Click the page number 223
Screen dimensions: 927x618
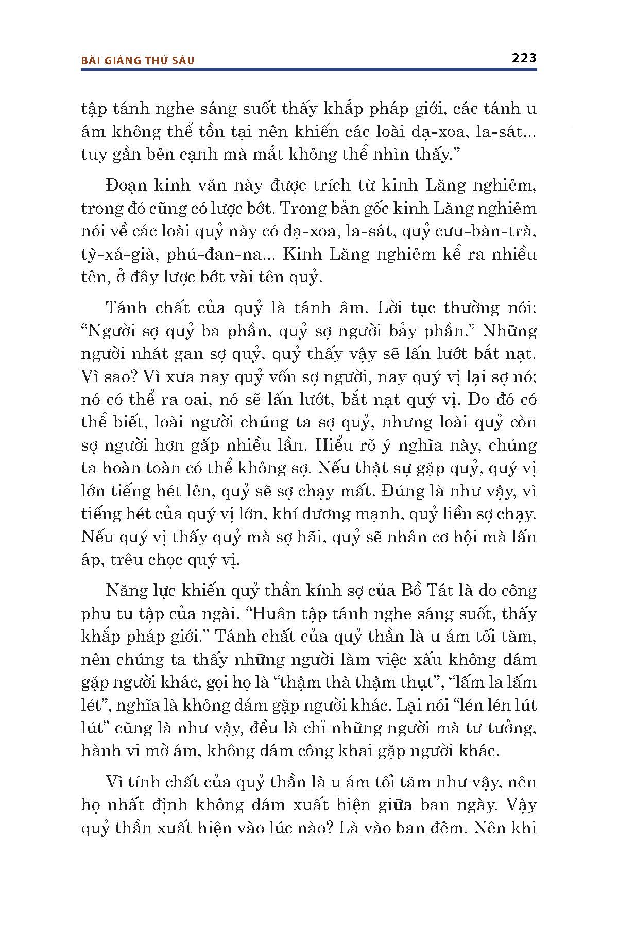pyautogui.click(x=524, y=58)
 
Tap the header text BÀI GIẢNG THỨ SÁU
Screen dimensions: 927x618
pyautogui.click(x=138, y=60)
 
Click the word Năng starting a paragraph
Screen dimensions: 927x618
pyautogui.click(x=124, y=590)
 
